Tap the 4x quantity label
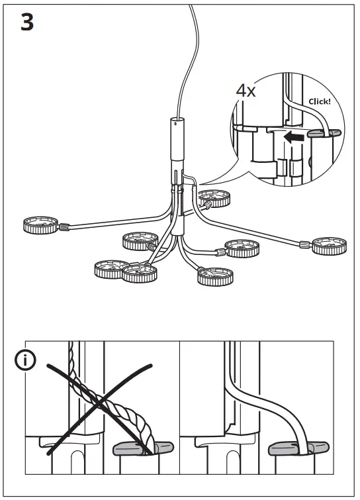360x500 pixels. [246, 91]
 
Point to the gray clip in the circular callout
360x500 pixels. [324, 134]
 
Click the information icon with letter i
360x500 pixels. [26, 361]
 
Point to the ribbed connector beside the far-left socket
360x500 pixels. [65, 228]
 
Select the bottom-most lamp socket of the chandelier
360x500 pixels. [214, 275]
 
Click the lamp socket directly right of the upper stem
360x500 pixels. [215, 197]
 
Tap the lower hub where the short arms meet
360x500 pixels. [179, 231]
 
